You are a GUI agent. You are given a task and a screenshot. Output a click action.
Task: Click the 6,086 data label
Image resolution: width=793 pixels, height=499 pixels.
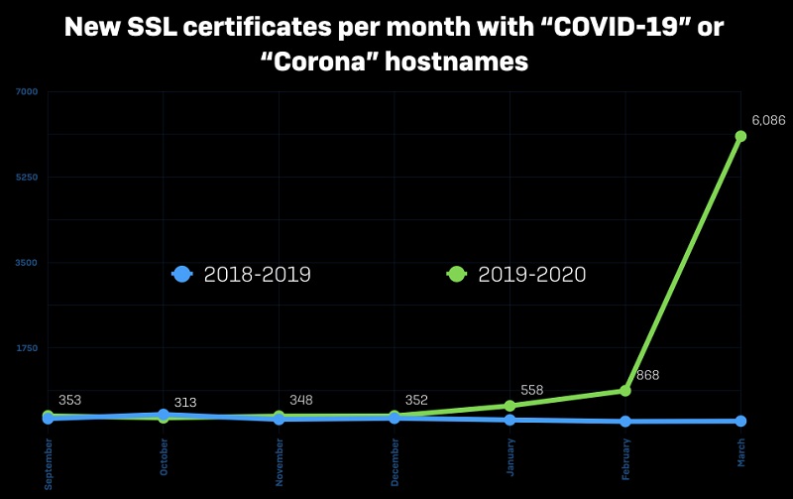click(x=768, y=120)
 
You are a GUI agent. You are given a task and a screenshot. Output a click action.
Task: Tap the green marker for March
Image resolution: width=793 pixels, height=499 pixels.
click(x=740, y=136)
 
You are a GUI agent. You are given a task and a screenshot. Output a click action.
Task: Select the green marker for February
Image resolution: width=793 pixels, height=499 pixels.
click(x=624, y=391)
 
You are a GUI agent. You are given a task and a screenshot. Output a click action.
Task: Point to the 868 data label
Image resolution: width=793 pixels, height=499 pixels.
click(x=648, y=375)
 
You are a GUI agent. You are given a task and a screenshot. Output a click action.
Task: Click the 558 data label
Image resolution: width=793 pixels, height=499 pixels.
click(x=531, y=390)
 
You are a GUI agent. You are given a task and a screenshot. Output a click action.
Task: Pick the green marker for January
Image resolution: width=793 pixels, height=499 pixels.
click(x=510, y=406)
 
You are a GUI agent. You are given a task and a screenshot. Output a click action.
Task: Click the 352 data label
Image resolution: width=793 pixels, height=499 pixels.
click(x=416, y=400)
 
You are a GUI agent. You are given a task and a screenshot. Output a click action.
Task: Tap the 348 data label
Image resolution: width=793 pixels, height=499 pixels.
click(x=300, y=400)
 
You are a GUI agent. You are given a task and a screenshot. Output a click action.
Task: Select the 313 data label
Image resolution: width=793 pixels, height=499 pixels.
click(x=184, y=402)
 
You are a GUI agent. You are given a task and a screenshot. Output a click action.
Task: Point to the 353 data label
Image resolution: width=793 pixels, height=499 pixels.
click(x=69, y=400)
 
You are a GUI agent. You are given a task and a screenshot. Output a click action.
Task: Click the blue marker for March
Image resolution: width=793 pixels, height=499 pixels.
click(x=740, y=421)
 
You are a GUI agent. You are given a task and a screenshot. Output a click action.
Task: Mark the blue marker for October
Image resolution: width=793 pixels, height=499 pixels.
click(x=164, y=415)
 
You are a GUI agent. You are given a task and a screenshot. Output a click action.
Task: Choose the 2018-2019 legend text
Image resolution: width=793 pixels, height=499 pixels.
click(x=257, y=275)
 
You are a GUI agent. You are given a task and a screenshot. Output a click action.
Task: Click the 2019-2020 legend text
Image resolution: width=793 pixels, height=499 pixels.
click(x=531, y=275)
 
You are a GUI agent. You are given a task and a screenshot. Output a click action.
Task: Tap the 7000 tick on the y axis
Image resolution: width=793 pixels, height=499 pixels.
click(x=27, y=92)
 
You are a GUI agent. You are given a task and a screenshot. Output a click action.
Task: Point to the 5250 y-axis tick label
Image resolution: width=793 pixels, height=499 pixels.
click(x=27, y=178)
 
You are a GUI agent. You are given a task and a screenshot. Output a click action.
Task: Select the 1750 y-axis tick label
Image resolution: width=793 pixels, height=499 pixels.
click(x=27, y=347)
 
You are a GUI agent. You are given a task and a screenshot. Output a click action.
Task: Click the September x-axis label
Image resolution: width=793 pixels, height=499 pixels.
click(x=48, y=464)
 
